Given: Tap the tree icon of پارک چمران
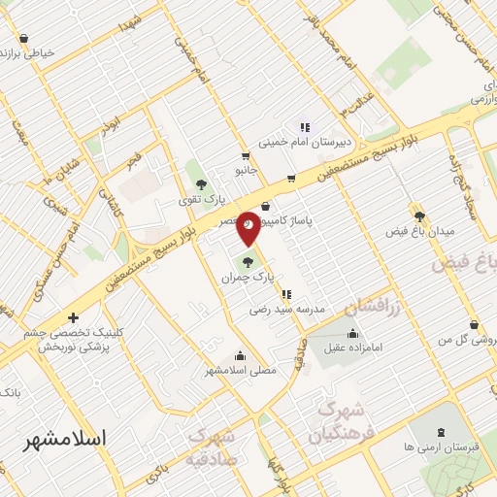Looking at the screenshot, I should click(x=247, y=261).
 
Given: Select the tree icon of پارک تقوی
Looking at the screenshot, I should click(x=201, y=183).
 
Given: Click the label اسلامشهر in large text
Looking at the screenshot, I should click(x=67, y=439).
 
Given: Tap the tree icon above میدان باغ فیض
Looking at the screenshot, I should click(x=420, y=215).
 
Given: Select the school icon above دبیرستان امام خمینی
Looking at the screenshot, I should click(x=305, y=126).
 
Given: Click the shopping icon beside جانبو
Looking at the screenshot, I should click(x=246, y=155).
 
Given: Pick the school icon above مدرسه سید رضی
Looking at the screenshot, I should click(x=285, y=294).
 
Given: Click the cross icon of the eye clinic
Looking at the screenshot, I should click(x=73, y=317).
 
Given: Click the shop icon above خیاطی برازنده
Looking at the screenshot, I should click(x=23, y=40).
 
